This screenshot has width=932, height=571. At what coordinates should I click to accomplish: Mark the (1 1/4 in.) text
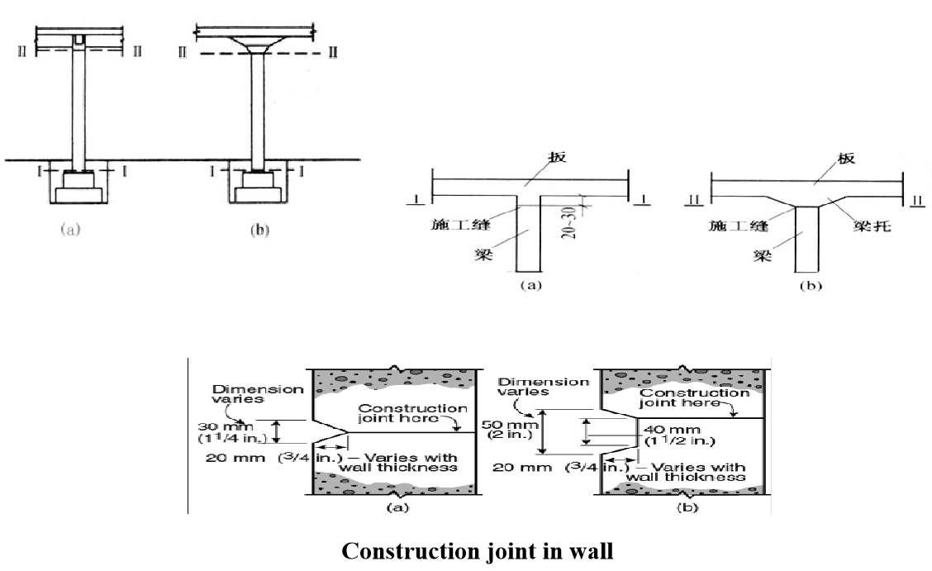click(x=222, y=439)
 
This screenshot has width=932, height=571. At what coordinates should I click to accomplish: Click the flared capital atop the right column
click(x=256, y=49)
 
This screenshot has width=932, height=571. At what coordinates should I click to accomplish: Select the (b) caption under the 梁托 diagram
click(x=807, y=287)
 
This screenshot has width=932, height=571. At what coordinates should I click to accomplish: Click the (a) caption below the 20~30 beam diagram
click(x=529, y=287)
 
